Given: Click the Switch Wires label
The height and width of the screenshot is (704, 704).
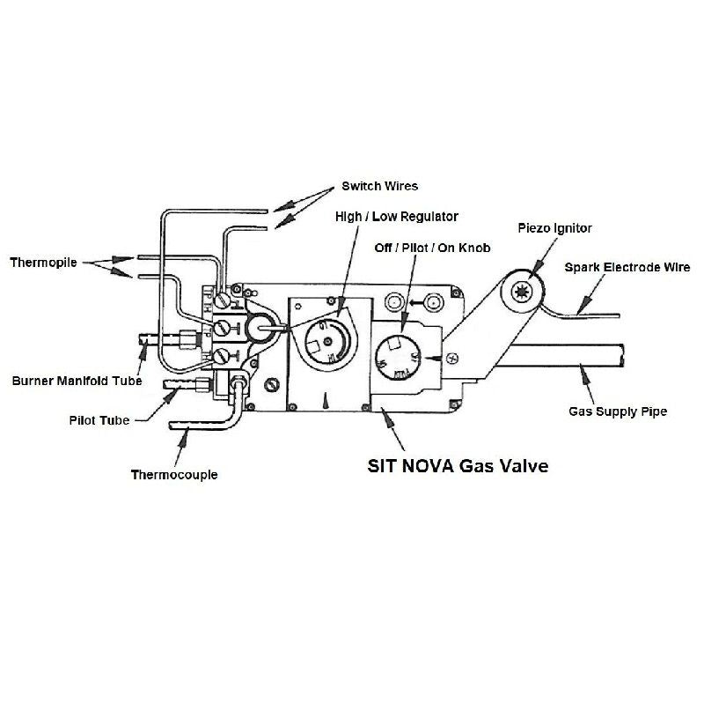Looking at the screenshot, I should click(x=379, y=186).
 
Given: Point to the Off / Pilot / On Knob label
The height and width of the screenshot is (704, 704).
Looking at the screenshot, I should click(x=432, y=248).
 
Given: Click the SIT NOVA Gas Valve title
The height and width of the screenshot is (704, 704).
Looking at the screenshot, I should click(x=457, y=466).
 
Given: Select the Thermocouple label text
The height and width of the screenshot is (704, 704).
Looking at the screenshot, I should click(x=174, y=475).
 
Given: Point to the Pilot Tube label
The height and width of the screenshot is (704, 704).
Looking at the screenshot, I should click(x=99, y=420).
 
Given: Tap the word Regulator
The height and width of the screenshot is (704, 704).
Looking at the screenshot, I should click(x=429, y=216).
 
